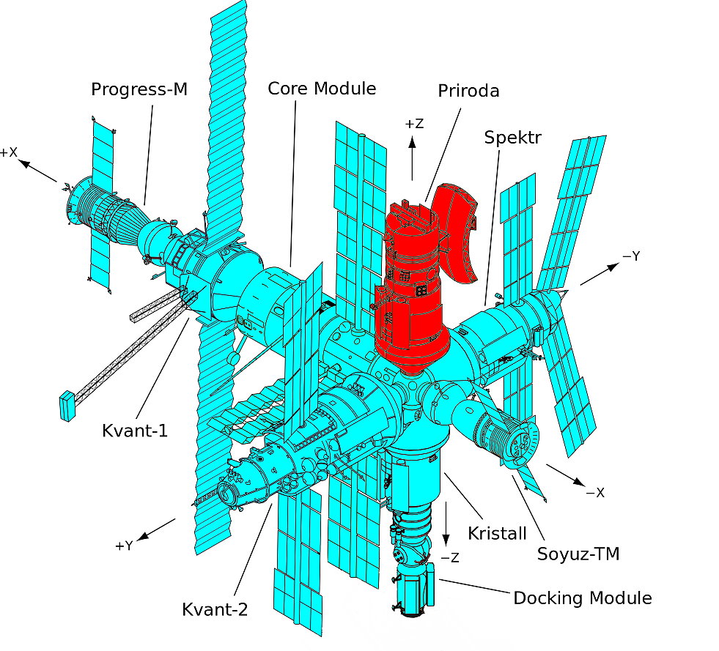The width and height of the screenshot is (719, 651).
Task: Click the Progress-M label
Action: [x=139, y=89]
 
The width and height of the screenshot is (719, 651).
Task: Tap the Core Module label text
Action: [x=322, y=89]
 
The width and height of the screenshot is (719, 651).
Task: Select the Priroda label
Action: [x=469, y=91]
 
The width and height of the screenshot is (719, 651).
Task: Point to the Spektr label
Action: [x=512, y=137]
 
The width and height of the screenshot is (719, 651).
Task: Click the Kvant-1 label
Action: [x=135, y=430]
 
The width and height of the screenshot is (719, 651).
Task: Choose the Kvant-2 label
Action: [x=215, y=609]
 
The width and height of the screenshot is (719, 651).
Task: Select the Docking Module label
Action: [x=582, y=598]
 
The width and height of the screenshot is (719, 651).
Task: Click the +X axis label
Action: [x=9, y=152]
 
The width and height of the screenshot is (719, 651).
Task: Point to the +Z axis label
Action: [x=414, y=124]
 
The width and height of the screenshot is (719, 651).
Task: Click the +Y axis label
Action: [x=125, y=546]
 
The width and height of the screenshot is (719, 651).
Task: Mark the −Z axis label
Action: [x=449, y=558]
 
